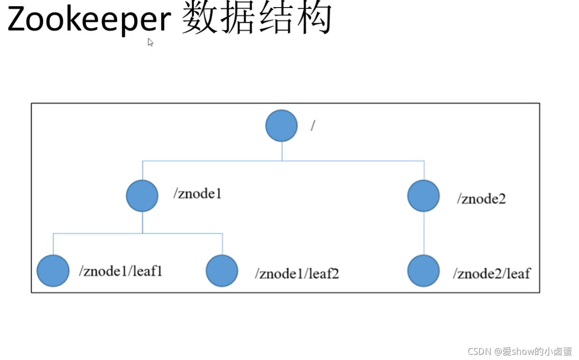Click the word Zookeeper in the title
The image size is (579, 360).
click(x=89, y=20)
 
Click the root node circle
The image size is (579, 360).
click(x=282, y=126)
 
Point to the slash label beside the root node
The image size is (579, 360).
click(x=313, y=126)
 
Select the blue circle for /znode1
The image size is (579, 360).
click(x=142, y=196)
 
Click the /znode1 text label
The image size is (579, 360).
click(x=197, y=194)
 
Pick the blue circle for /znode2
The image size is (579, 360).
click(x=423, y=196)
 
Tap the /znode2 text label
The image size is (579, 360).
click(x=481, y=198)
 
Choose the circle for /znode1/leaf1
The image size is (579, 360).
click(x=53, y=271)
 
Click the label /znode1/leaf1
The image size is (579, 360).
click(x=121, y=271)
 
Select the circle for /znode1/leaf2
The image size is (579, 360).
click(x=222, y=271)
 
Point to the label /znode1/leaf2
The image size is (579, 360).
click(x=297, y=274)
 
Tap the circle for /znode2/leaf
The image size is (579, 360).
click(x=423, y=271)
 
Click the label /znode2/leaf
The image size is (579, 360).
click(x=492, y=273)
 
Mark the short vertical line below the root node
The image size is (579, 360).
click(x=282, y=151)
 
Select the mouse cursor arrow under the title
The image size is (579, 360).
click(x=150, y=42)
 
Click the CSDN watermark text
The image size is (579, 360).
click(x=520, y=351)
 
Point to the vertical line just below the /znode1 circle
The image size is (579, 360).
click(x=143, y=222)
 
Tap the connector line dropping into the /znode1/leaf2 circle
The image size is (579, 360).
click(x=222, y=244)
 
